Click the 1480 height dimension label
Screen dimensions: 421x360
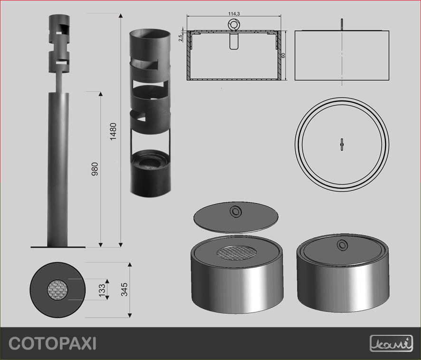click(x=113, y=131)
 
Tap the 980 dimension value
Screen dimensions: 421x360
click(x=95, y=169)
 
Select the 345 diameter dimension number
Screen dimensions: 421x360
click(x=124, y=289)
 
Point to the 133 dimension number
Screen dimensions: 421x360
click(x=102, y=291)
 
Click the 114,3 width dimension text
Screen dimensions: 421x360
click(x=234, y=14)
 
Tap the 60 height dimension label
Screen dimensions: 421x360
click(x=283, y=55)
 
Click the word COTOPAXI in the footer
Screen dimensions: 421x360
click(x=52, y=343)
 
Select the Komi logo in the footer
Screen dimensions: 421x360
click(x=391, y=343)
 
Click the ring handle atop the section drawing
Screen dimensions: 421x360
click(x=234, y=25)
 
